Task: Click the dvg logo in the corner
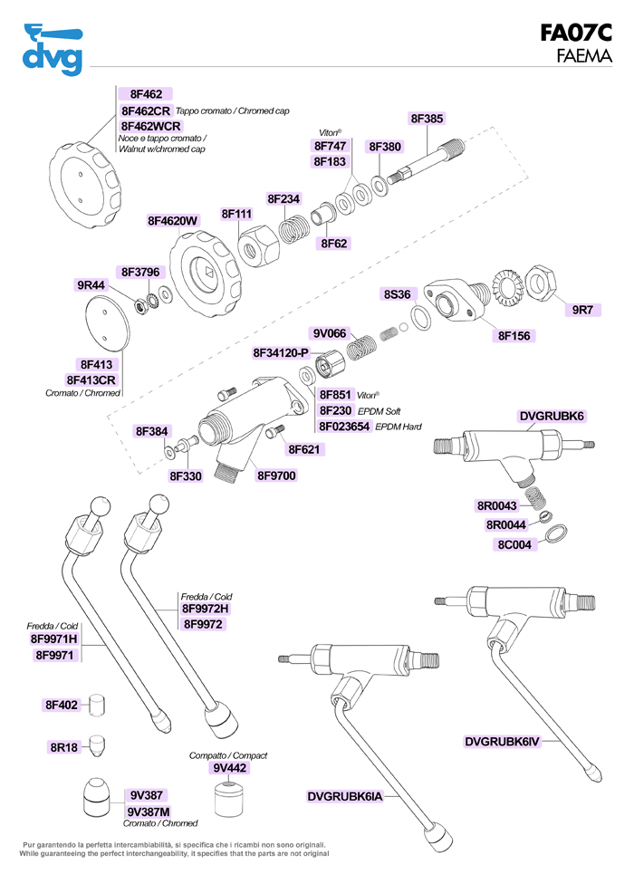53,51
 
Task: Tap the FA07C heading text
576,34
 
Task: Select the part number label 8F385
427,119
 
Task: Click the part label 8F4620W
173,220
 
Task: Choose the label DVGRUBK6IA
346,796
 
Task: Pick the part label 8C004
514,544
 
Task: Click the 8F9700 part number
276,475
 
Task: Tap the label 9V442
230,768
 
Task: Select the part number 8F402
62,704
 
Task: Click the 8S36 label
398,294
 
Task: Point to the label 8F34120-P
281,351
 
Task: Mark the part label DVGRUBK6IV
502,742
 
